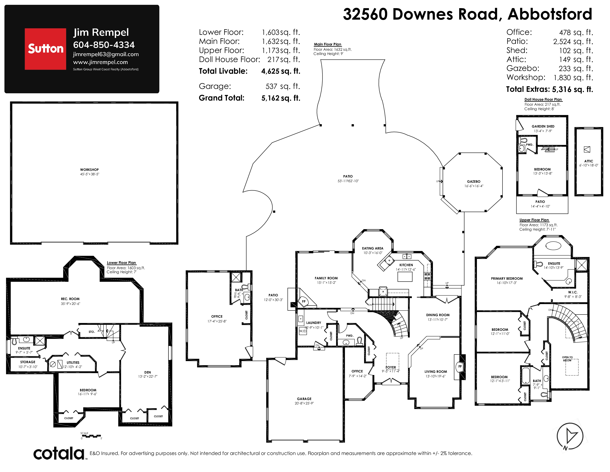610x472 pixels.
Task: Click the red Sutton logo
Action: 45,49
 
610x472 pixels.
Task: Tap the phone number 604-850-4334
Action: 104,45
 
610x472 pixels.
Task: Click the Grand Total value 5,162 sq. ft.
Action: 281,98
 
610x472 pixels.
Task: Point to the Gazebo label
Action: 474,181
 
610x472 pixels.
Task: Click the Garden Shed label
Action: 543,126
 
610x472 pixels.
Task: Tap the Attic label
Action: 589,161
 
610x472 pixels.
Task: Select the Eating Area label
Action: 373,248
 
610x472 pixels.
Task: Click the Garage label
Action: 304,399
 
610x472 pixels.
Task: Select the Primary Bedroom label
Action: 507,279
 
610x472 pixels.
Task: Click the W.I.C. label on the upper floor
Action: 573,292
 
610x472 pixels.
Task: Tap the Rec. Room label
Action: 70,299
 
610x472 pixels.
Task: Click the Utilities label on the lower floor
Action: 73,362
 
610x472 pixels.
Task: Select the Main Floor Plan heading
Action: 328,44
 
